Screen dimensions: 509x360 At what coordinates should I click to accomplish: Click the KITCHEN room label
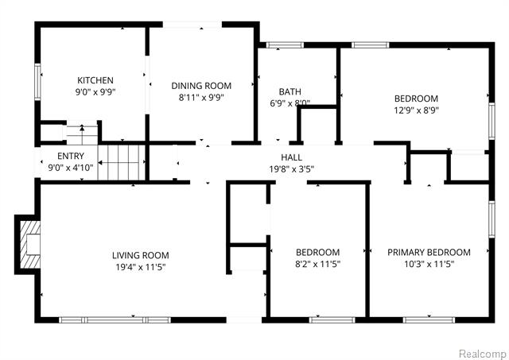tap(95, 80)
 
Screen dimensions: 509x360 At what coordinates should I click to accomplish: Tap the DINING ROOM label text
tap(201, 86)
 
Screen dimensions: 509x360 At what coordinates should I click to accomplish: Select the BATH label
tap(289, 91)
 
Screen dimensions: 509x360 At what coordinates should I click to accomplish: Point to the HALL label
tap(292, 157)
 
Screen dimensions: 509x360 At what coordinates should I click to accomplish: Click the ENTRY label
tap(71, 156)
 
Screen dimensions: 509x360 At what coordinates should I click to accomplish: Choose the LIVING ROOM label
tap(141, 255)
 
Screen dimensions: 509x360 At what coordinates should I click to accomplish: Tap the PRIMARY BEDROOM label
tap(429, 252)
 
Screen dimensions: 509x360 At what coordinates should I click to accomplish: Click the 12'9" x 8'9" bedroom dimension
tap(416, 110)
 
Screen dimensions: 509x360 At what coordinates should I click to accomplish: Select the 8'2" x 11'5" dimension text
tap(317, 264)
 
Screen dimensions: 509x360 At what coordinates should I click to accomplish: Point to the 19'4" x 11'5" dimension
tap(141, 267)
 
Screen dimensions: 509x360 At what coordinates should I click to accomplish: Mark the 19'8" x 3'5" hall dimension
tap(292, 169)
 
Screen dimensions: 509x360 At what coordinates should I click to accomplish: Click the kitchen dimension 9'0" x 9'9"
tap(95, 92)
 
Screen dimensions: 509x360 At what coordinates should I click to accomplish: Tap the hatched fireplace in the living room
tap(30, 245)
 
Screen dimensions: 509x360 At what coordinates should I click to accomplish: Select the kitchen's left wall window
tap(37, 81)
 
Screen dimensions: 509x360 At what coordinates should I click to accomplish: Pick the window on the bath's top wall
tap(285, 45)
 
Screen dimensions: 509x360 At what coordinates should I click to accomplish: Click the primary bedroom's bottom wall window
tap(429, 320)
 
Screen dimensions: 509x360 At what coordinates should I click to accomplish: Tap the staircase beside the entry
tap(122, 162)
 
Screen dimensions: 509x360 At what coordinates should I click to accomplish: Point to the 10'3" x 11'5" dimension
tap(429, 264)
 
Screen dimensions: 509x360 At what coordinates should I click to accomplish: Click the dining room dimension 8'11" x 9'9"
tap(201, 97)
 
